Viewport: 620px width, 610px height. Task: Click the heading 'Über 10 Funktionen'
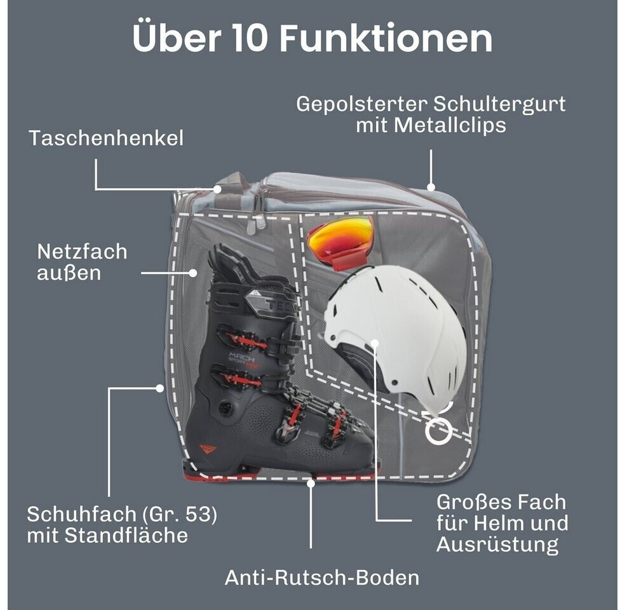pyautogui.click(x=313, y=38)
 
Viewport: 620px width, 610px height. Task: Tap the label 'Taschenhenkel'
pyautogui.click(x=106, y=138)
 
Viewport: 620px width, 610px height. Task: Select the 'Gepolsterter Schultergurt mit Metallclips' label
pyautogui.click(x=431, y=115)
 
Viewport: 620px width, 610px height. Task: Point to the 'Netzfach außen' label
pyautogui.click(x=82, y=262)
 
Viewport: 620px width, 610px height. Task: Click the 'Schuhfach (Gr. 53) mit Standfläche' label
pyautogui.click(x=122, y=525)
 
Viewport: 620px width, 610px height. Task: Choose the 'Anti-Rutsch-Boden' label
pyautogui.click(x=322, y=578)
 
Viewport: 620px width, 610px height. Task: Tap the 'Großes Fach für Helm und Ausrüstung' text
pyautogui.click(x=502, y=524)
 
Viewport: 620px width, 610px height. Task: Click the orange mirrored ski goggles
pyautogui.click(x=340, y=242)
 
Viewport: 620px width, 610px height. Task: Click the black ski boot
pyautogui.click(x=277, y=364)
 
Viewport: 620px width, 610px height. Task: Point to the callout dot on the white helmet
pyautogui.click(x=375, y=342)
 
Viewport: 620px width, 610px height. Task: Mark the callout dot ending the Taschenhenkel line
pyautogui.click(x=217, y=189)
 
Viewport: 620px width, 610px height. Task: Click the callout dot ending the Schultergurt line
pyautogui.click(x=431, y=187)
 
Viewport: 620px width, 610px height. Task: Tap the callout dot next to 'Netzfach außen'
pyautogui.click(x=193, y=273)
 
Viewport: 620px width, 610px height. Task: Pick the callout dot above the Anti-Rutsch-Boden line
pyautogui.click(x=311, y=484)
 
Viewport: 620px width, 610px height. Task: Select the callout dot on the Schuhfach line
pyautogui.click(x=159, y=388)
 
